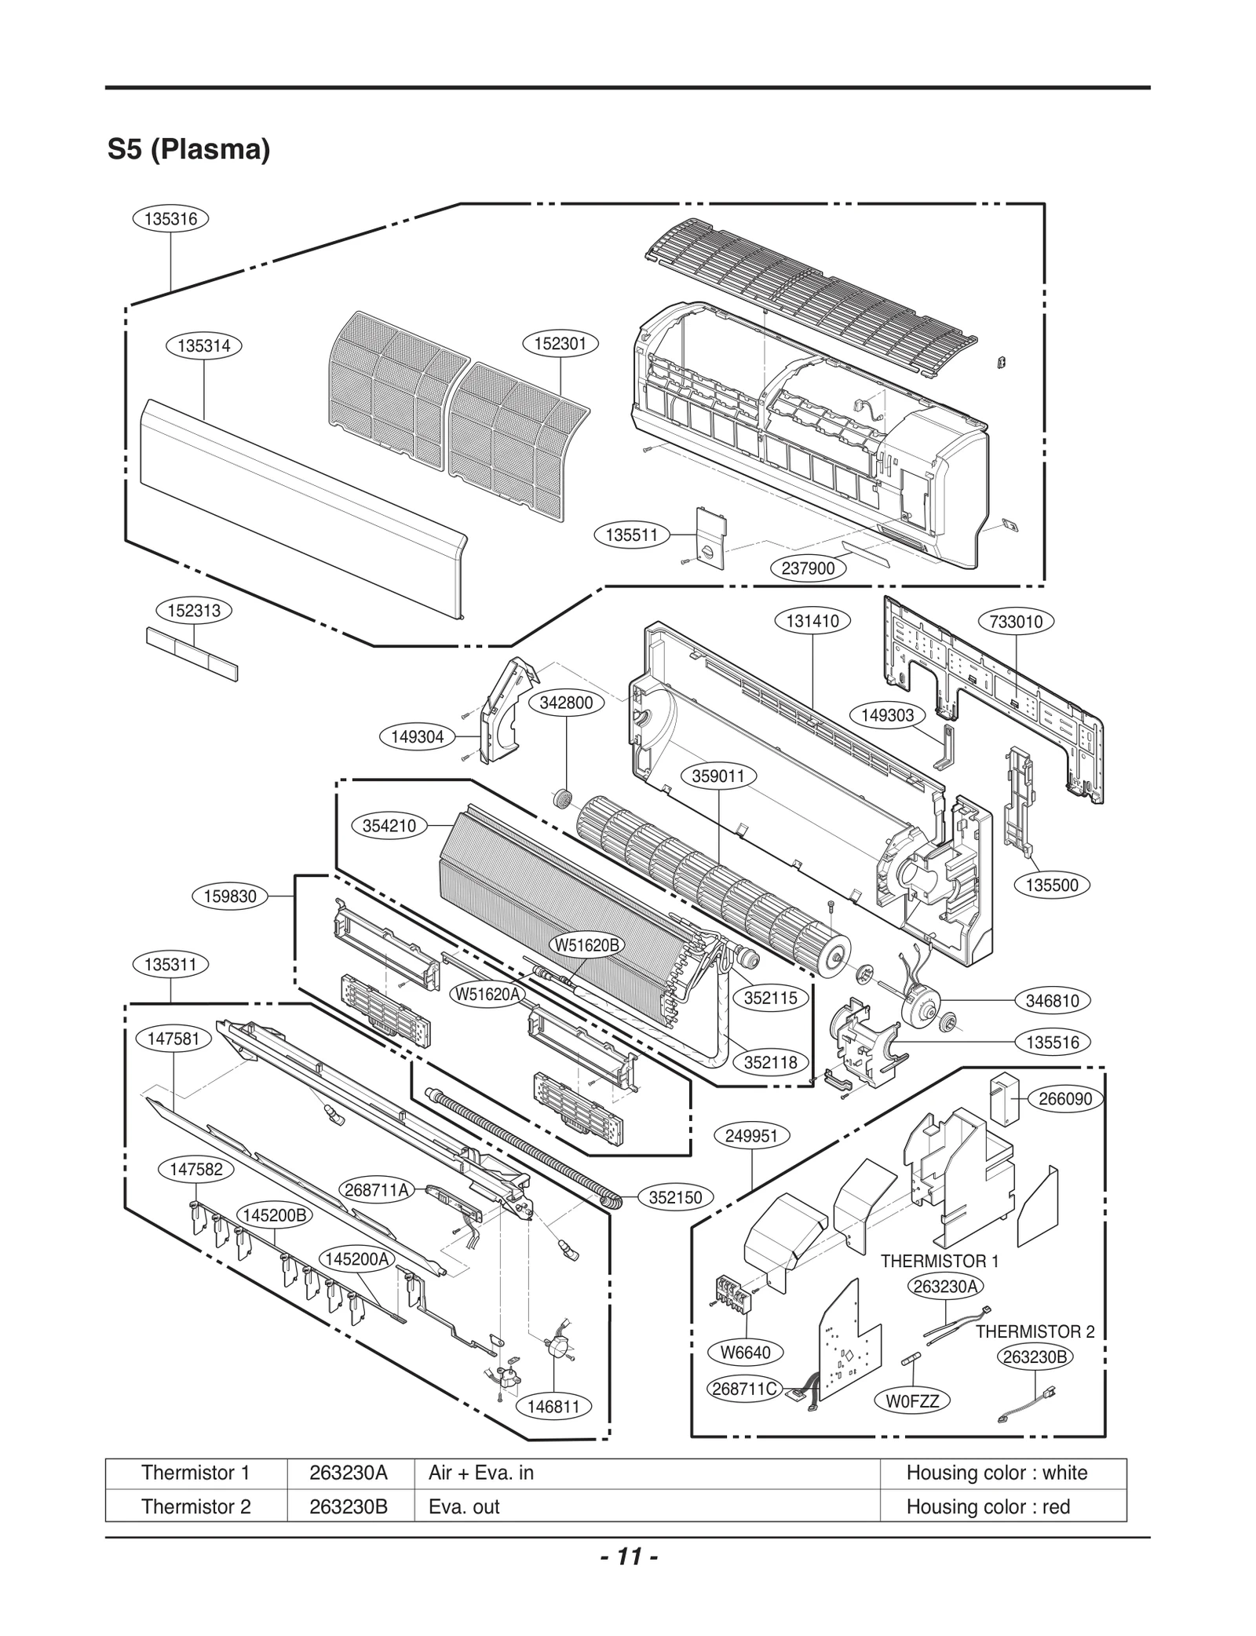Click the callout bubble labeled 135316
pos(170,219)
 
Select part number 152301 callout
pos(560,344)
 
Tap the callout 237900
pos(808,568)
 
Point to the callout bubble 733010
pos(1016,622)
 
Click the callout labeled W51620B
pos(587,945)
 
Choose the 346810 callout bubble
pos(1052,1000)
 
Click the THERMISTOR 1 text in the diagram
pos(939,1262)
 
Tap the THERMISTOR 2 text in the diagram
pos(1034,1331)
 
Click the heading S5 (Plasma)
pos(188,149)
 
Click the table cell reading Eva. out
pos(464,1506)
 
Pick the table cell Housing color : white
pos(996,1473)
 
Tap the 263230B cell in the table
pos(349,1506)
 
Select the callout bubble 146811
pos(553,1406)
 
